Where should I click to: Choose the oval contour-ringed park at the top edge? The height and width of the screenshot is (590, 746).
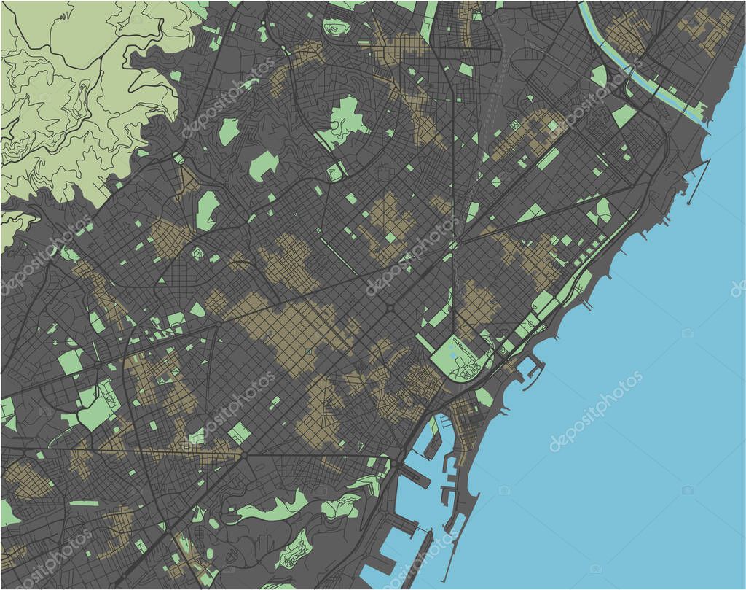click(x=337, y=28)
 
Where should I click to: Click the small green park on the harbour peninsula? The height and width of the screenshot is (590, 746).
click(x=484, y=397)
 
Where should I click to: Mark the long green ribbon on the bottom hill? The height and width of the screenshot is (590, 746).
click(x=270, y=511)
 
